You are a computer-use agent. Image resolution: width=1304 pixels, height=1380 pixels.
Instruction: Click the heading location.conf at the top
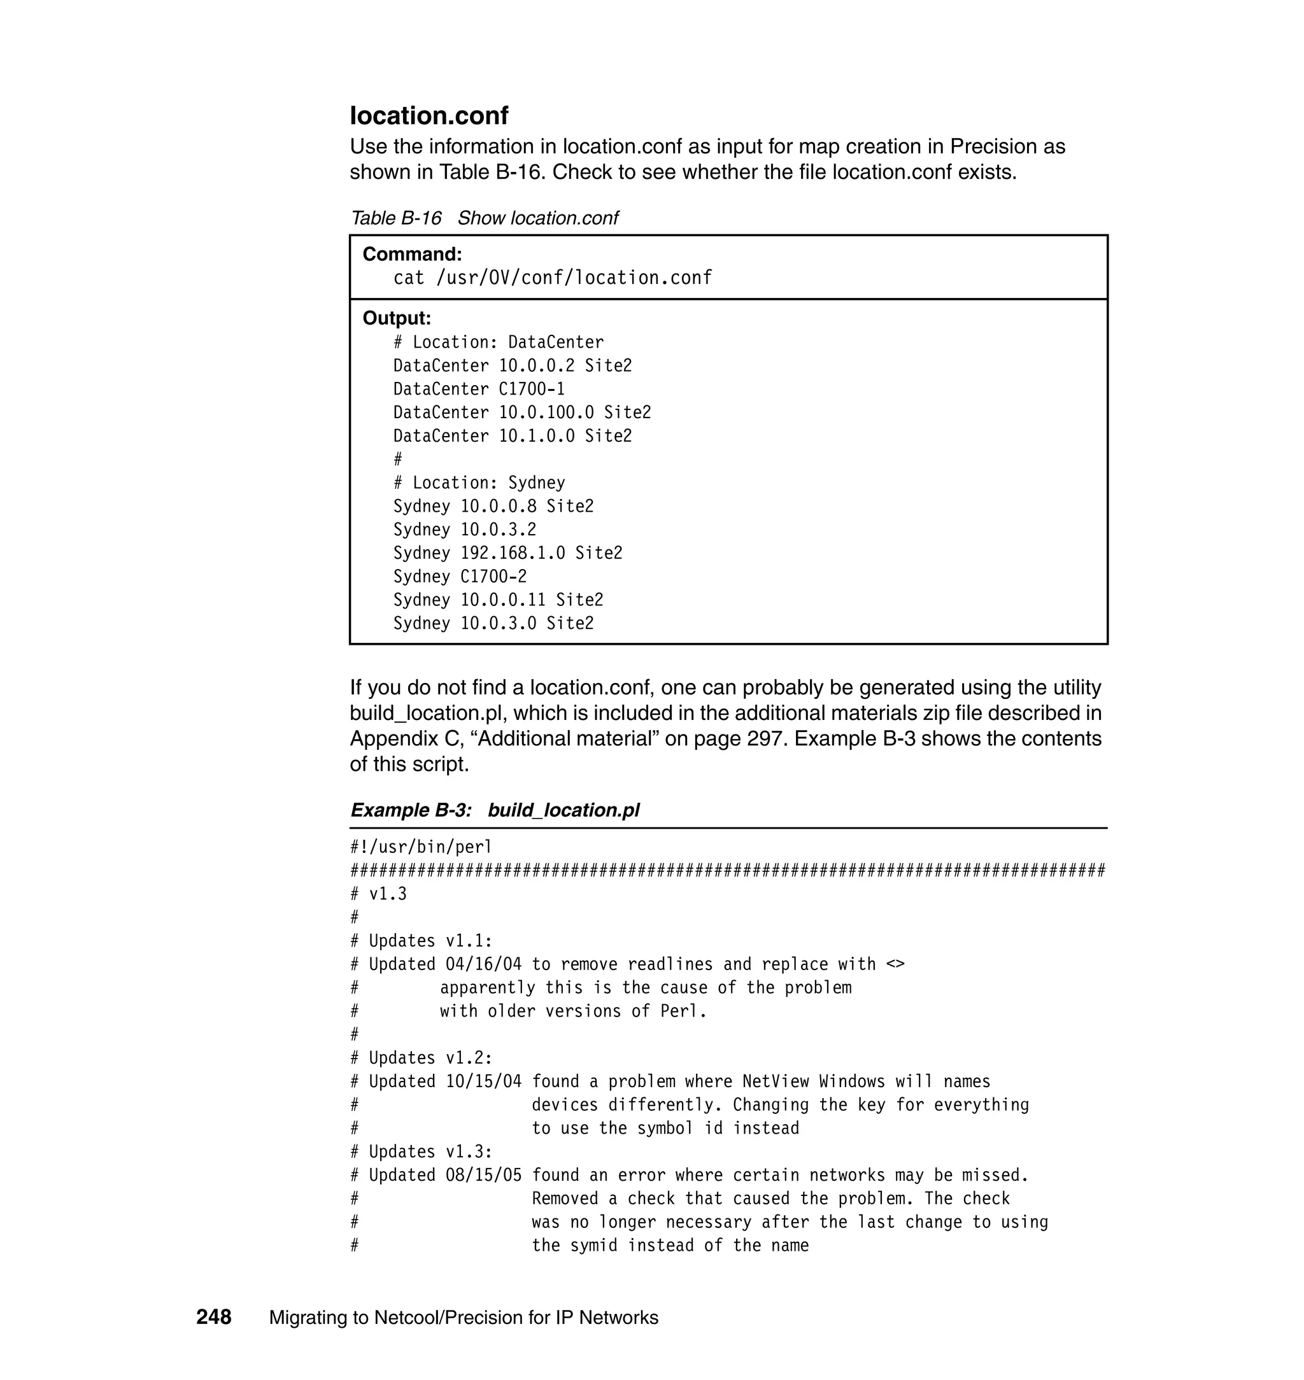click(429, 116)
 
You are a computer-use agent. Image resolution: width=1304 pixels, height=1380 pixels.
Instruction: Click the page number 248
click(213, 1317)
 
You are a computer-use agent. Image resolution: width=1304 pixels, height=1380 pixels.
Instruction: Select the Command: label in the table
click(411, 255)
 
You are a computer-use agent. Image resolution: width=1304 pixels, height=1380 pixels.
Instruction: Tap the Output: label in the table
click(396, 318)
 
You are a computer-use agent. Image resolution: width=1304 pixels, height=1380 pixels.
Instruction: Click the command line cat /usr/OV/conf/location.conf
click(553, 278)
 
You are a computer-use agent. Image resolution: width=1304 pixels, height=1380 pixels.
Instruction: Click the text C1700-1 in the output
click(532, 389)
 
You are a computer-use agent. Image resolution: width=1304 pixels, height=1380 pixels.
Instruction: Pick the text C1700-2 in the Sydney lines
click(493, 577)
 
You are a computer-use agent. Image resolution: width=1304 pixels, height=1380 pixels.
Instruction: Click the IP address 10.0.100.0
click(546, 412)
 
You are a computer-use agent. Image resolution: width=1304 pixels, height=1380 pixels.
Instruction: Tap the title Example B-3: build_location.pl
click(494, 810)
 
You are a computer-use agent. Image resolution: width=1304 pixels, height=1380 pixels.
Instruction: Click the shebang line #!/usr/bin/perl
click(420, 847)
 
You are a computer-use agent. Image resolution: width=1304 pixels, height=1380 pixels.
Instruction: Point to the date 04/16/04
click(483, 964)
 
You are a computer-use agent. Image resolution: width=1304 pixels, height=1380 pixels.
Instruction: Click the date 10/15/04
click(483, 1081)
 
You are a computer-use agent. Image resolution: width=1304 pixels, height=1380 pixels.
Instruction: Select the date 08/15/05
click(483, 1175)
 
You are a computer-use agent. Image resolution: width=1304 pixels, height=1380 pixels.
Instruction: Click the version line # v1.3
click(379, 894)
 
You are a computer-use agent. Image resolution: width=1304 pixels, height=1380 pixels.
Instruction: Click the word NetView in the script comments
click(776, 1081)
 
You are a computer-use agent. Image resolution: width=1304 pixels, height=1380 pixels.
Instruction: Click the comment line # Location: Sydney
click(479, 483)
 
